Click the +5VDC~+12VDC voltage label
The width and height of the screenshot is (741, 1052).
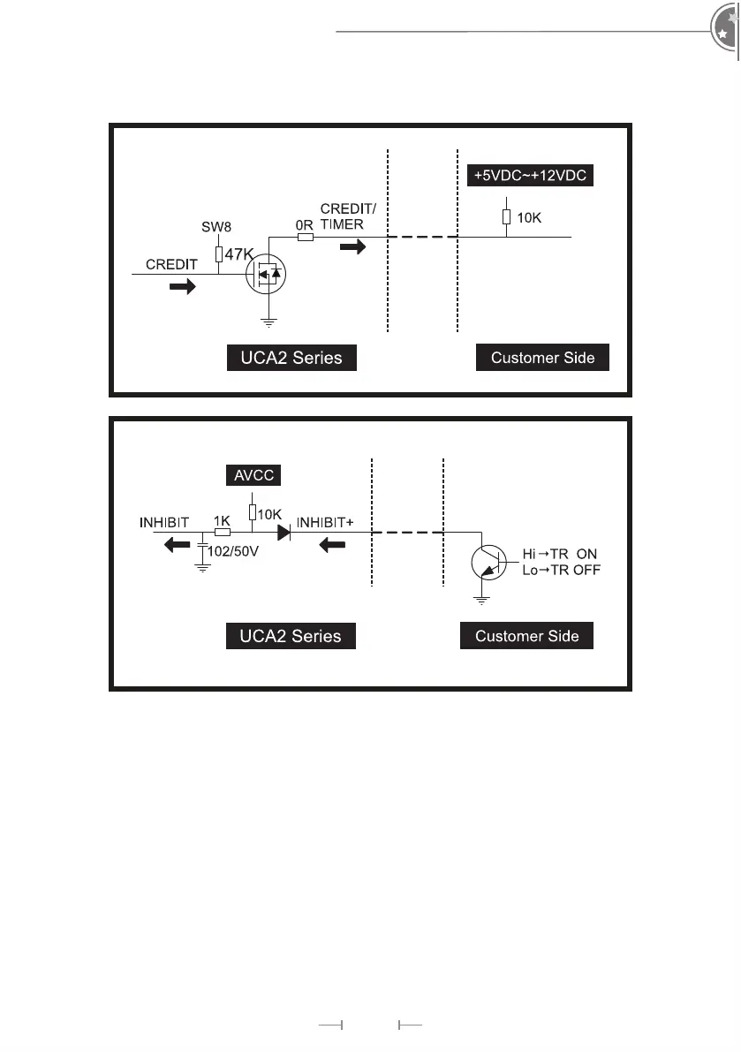[x=528, y=175]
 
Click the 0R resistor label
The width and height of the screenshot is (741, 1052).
[x=303, y=224]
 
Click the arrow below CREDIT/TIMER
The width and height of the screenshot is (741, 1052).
[x=352, y=247]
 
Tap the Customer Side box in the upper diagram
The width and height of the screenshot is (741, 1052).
[x=542, y=358]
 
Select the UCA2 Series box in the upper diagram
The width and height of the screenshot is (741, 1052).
[x=291, y=358]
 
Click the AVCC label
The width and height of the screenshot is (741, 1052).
[x=253, y=475]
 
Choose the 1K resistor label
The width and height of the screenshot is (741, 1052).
[x=222, y=521]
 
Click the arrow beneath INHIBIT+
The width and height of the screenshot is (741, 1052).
[x=331, y=545]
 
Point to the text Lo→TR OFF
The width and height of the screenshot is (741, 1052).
[x=561, y=570]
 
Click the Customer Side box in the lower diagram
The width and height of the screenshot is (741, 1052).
[x=526, y=636]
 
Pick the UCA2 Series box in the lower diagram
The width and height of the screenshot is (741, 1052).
[x=291, y=636]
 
